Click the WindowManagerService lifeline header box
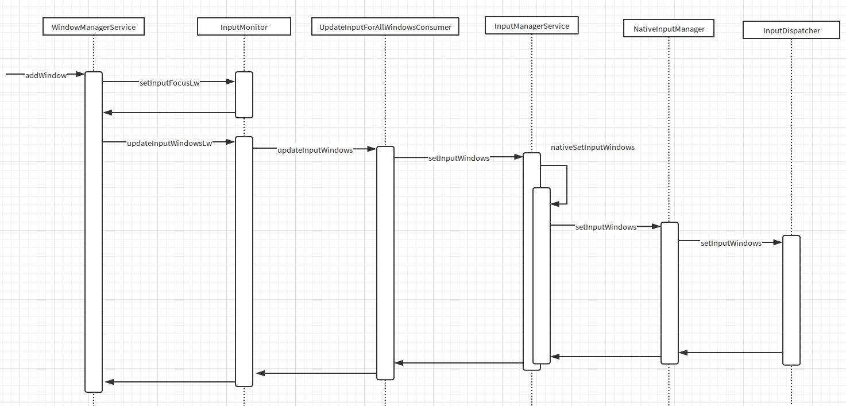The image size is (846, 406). pos(94,27)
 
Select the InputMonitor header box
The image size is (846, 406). pos(244,27)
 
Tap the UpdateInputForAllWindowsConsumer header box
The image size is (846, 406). pos(385,27)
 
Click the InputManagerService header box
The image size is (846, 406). pos(532,26)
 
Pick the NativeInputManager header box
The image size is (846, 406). pos(669,28)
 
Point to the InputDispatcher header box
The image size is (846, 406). pos(791,30)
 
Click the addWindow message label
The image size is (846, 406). pos(46,75)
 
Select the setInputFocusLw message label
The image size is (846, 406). pos(169,83)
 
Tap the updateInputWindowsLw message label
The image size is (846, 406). pos(169,143)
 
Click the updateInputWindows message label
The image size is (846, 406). pos(315,150)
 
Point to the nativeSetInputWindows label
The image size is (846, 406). pos(593,147)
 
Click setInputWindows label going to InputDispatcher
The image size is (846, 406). pos(731,243)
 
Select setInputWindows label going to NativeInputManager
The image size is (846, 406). pos(606,227)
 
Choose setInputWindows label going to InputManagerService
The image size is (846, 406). pos(459,158)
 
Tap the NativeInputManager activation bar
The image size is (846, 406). pos(669,292)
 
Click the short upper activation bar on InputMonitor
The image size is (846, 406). pos(244,94)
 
